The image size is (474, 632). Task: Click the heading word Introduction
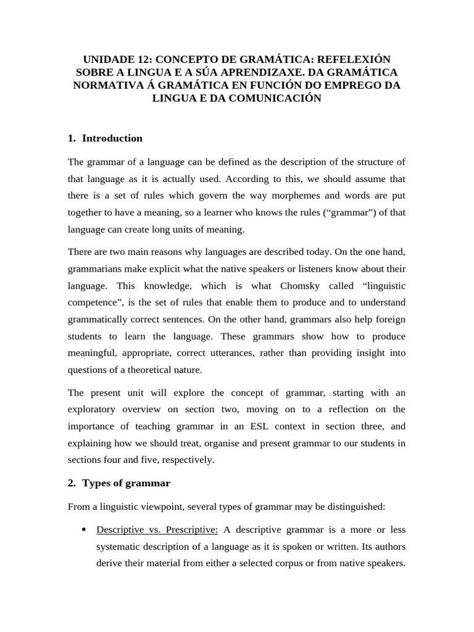[x=112, y=138]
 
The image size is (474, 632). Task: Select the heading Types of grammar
[x=126, y=483]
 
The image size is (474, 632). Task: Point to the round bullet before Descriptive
[x=83, y=530]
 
